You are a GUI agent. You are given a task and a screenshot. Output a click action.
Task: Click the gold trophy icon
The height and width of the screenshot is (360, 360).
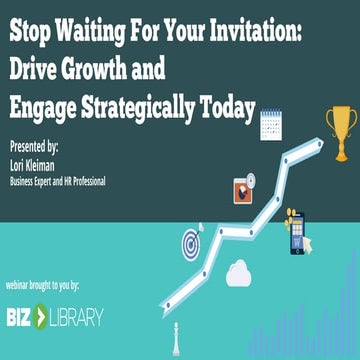340,132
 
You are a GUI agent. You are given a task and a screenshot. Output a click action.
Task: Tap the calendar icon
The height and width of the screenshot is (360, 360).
273,125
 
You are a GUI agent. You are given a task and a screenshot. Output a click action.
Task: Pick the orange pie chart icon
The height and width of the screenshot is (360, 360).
242,187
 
